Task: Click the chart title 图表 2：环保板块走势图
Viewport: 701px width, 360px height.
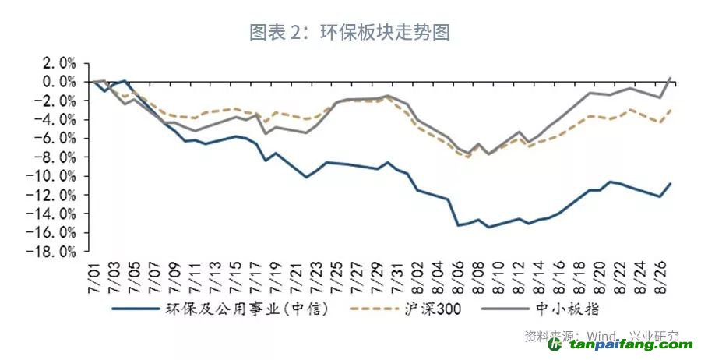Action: (350, 32)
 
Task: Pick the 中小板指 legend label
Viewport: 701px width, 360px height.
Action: (571, 309)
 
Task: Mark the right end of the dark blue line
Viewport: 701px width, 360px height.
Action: (671, 184)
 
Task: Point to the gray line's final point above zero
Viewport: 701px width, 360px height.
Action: (671, 77)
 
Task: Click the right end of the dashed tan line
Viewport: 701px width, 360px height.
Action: (671, 110)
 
